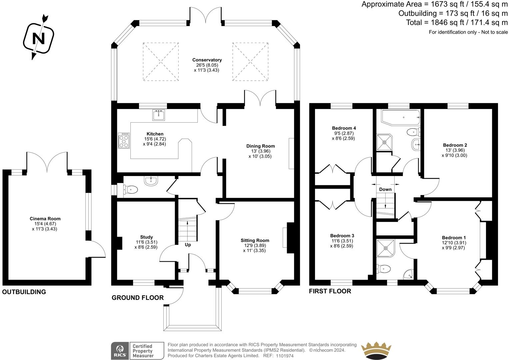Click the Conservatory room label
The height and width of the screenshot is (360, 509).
click(x=207, y=60)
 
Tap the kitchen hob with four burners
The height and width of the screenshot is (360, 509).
click(x=124, y=140)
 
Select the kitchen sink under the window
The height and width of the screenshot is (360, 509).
click(x=159, y=115)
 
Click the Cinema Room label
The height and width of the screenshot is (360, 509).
click(x=45, y=219)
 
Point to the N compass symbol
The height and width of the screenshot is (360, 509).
click(x=39, y=37)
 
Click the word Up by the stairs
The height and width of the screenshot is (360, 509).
click(x=188, y=245)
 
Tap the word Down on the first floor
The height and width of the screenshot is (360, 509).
click(x=385, y=189)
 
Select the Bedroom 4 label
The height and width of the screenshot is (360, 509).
click(x=344, y=128)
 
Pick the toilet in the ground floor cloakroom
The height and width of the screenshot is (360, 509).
click(x=131, y=189)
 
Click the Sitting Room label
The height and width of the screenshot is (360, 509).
click(x=255, y=240)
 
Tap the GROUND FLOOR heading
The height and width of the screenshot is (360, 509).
click(x=137, y=298)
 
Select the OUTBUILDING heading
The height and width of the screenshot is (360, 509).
click(x=24, y=292)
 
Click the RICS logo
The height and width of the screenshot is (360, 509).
click(x=120, y=351)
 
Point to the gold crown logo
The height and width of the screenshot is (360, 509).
click(x=376, y=350)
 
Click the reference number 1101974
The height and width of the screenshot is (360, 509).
click(x=285, y=356)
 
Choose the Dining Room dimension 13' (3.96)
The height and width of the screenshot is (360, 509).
click(x=260, y=151)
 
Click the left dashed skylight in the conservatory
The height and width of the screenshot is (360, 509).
click(x=161, y=62)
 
